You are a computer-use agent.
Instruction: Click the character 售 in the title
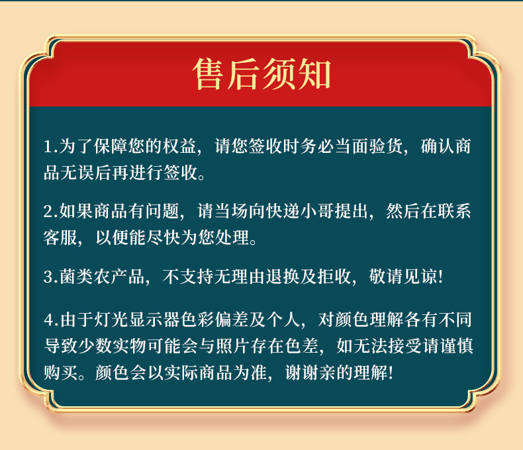tap(207, 74)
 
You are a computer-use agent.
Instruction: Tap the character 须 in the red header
tap(279, 74)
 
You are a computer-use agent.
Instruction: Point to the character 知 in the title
tap(314, 74)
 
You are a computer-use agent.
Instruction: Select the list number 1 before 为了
tap(48, 147)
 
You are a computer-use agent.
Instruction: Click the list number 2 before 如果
tap(48, 212)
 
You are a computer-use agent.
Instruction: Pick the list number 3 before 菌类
tap(48, 277)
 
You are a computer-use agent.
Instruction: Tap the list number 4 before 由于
tap(49, 320)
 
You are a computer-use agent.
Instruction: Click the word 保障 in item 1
tap(111, 146)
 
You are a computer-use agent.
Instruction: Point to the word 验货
tap(386, 146)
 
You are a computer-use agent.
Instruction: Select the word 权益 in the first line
tap(179, 146)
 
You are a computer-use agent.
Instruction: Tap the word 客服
tap(60, 238)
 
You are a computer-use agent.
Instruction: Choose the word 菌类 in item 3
tap(76, 277)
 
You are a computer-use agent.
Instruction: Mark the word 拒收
tap(334, 277)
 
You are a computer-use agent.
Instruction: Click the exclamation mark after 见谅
tap(441, 277)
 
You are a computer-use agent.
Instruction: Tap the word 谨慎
tap(457, 345)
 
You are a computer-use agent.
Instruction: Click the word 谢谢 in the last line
tap(302, 373)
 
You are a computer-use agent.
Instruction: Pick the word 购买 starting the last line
tap(60, 373)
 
